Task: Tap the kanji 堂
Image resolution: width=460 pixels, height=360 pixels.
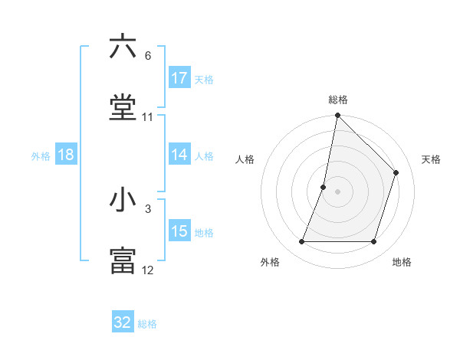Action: click(x=123, y=108)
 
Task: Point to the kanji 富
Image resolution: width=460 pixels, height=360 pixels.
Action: click(x=123, y=261)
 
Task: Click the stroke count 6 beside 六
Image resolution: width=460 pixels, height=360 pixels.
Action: click(x=148, y=56)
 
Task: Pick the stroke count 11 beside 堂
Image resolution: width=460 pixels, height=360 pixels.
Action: click(x=148, y=117)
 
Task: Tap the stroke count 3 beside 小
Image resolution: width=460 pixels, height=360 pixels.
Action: click(x=148, y=208)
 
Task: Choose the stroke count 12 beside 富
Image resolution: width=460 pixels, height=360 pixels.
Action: click(x=148, y=270)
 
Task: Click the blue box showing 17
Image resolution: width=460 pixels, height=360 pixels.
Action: click(x=179, y=78)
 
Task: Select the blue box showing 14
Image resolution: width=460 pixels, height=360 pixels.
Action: click(x=179, y=155)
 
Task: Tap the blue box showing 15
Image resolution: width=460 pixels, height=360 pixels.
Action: click(x=179, y=231)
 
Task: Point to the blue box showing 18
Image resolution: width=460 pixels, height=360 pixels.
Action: click(x=66, y=155)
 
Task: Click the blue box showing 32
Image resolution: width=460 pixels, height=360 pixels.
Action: click(x=123, y=322)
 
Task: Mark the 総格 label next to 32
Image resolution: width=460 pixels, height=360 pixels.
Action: click(x=147, y=324)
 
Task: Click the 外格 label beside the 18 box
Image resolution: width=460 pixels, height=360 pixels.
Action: click(x=41, y=156)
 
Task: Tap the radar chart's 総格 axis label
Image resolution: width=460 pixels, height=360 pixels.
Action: click(x=337, y=100)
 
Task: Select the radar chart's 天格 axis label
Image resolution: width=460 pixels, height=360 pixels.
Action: click(x=431, y=159)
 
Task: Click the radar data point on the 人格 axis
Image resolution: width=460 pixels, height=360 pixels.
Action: click(x=324, y=187)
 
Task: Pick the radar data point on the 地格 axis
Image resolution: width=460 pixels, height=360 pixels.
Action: click(x=373, y=242)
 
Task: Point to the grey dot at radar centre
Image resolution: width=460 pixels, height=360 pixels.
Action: click(x=337, y=191)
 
